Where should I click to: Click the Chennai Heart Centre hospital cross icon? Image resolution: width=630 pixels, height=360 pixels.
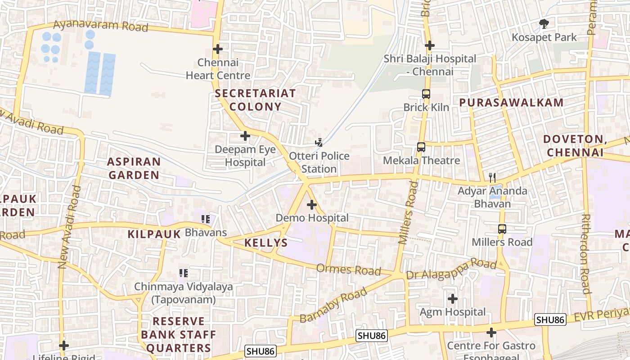click(x=218, y=49)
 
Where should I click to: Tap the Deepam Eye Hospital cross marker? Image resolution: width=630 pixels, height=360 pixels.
click(x=245, y=135)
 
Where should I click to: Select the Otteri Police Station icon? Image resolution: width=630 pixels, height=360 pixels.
click(x=319, y=143)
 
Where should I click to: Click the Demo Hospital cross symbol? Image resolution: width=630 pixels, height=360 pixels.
click(x=312, y=205)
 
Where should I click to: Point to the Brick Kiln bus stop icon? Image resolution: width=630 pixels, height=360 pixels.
click(x=426, y=94)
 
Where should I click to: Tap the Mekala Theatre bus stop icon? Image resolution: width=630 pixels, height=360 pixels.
click(x=421, y=147)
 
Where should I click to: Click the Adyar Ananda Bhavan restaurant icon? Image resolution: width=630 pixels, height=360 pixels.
click(x=492, y=177)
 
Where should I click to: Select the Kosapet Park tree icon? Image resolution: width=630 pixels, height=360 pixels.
click(x=544, y=24)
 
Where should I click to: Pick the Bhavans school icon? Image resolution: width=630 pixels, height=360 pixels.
click(x=206, y=219)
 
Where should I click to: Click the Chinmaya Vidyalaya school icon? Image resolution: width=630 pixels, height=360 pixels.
click(x=184, y=273)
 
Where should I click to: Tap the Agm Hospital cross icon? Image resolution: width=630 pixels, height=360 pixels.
click(x=453, y=298)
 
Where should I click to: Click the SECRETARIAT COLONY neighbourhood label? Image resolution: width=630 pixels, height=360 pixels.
click(x=255, y=100)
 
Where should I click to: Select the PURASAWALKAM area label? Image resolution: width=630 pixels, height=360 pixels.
click(x=511, y=103)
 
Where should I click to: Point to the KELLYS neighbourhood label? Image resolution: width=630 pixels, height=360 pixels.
click(x=266, y=243)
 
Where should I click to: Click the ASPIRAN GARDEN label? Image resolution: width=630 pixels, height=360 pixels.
click(x=134, y=168)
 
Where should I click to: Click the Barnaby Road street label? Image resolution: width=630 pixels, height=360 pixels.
click(x=333, y=306)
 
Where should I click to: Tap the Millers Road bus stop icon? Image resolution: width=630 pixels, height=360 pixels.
click(x=502, y=229)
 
